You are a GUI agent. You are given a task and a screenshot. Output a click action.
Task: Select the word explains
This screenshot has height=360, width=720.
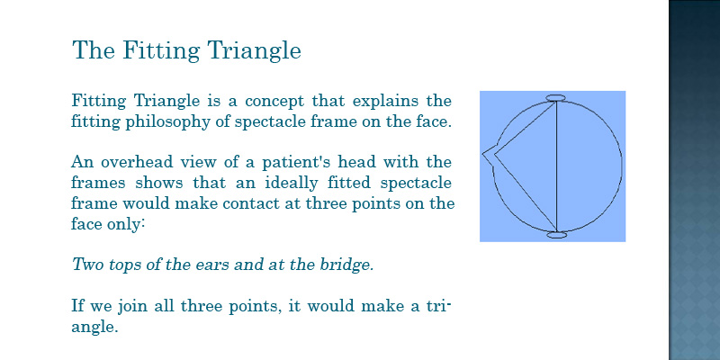click(361, 101)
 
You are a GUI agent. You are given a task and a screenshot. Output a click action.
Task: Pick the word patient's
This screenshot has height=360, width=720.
click(292, 163)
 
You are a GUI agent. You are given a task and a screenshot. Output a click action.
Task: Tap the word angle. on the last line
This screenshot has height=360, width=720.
click(95, 328)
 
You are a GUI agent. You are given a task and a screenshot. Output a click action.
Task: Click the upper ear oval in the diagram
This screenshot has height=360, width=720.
click(555, 97)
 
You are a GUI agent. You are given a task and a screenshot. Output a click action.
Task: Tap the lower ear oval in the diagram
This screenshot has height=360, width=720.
click(557, 235)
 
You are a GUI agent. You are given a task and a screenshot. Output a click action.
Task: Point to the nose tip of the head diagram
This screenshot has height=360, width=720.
click(483, 155)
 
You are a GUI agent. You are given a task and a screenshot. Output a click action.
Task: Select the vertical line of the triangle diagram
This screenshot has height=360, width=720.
click(556, 166)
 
